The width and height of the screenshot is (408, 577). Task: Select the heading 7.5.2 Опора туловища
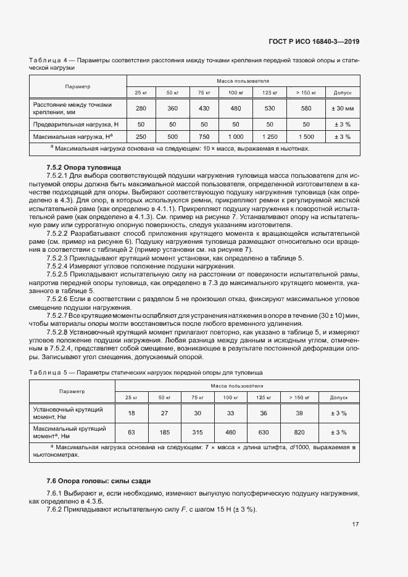[84, 168]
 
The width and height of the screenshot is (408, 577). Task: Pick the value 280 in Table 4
[141, 109]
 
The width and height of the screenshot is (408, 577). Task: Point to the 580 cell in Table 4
[306, 109]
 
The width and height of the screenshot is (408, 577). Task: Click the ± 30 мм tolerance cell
[342, 109]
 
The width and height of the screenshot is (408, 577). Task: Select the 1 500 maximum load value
[306, 136]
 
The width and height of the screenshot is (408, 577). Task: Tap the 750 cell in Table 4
[205, 136]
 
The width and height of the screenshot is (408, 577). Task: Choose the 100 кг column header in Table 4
[236, 93]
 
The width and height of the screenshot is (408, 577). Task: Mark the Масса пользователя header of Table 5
[236, 385]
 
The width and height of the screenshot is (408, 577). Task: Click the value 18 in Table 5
[131, 413]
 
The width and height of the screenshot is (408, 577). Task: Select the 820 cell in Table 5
[299, 432]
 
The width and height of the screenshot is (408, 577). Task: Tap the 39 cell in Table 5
[299, 413]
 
